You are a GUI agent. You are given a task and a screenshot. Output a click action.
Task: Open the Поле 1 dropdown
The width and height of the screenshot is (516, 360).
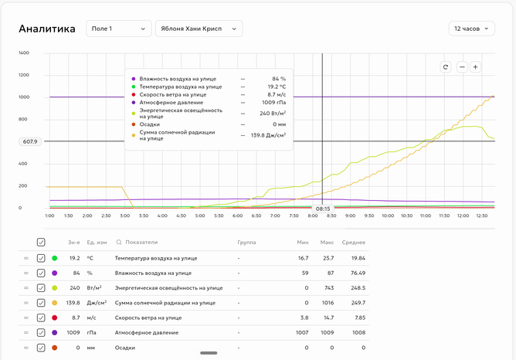(118, 29)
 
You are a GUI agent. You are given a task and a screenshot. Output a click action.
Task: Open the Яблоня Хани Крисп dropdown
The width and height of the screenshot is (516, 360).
(199, 29)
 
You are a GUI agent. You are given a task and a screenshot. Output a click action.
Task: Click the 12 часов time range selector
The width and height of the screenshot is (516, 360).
(471, 29)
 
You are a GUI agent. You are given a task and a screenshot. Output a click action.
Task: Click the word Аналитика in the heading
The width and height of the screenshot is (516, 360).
(47, 29)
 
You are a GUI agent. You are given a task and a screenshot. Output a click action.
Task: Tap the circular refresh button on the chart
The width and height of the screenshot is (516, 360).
(446, 67)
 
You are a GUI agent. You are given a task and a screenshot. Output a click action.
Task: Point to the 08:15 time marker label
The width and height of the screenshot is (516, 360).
(323, 209)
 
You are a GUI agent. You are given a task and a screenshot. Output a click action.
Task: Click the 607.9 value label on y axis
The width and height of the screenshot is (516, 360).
(30, 142)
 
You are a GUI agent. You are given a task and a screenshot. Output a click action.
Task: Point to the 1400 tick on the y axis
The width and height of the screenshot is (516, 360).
(24, 53)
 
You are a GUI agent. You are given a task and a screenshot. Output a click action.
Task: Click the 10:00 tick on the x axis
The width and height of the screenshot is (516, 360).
(388, 216)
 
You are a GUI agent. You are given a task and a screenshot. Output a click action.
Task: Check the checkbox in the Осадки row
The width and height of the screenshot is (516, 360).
(41, 348)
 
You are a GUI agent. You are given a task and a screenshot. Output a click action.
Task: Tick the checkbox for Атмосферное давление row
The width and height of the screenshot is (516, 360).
(41, 333)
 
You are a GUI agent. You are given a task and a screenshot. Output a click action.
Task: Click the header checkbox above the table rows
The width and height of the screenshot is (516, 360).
(41, 243)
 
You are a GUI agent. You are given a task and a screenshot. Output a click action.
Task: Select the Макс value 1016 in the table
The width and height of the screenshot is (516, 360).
(328, 303)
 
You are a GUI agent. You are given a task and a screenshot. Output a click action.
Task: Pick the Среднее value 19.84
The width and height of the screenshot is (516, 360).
(358, 258)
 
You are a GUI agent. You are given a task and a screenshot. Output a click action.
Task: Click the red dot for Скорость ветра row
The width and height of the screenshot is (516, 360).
(55, 318)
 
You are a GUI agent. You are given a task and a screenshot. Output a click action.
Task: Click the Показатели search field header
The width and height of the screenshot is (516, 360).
(137, 243)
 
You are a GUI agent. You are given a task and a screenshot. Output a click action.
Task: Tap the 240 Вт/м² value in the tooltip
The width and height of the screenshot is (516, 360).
(273, 114)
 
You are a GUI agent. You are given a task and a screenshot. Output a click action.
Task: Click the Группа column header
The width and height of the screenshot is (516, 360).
(246, 243)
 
